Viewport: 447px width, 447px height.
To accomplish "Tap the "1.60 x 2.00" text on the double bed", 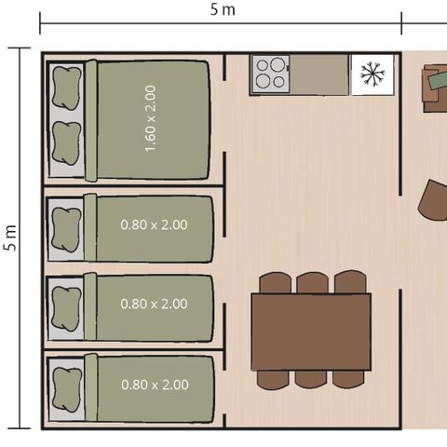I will (151, 118).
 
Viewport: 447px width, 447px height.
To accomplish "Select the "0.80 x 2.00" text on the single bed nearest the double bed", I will (155, 224).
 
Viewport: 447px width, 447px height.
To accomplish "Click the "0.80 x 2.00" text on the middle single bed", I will (155, 304).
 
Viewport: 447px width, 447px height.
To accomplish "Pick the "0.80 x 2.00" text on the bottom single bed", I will (155, 385).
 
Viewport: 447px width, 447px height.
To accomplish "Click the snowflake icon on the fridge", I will (372, 74).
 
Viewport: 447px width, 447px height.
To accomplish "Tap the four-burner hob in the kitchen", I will (270, 74).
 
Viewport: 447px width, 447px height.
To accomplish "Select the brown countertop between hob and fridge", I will (318, 74).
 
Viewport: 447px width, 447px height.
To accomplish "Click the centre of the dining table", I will (311, 332).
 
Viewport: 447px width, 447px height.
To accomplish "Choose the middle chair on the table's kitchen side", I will (312, 282).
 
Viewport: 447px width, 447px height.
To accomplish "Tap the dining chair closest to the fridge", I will (350, 282).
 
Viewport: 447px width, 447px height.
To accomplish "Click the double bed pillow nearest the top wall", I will (65, 89).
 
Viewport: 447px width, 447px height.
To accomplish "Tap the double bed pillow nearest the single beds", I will (65, 142).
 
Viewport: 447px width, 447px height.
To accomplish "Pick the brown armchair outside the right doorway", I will (433, 199).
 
